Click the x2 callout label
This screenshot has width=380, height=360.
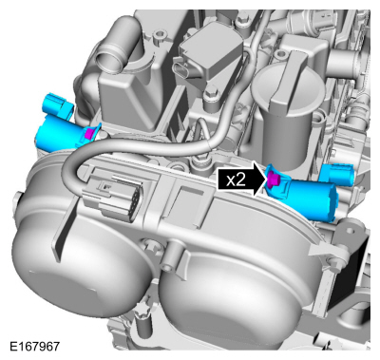coord(237,178)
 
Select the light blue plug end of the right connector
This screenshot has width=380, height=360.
coord(334,175)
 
